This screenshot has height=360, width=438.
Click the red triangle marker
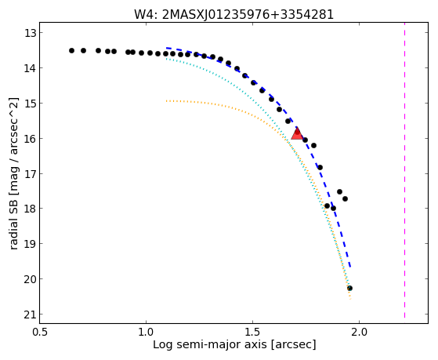(x=297, y=133)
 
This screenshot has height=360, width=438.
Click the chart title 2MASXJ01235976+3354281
(x=248, y=14)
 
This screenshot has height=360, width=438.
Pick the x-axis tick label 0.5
(x=40, y=333)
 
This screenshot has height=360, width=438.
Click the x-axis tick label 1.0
(x=147, y=333)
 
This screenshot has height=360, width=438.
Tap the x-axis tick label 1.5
(x=253, y=333)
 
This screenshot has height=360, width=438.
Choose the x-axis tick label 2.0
(x=359, y=333)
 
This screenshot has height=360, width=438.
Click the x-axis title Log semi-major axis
(x=210, y=344)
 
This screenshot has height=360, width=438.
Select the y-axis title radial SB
(x=13, y=222)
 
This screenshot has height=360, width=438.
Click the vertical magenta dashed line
(x=404, y=173)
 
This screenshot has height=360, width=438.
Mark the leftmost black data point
(x=72, y=51)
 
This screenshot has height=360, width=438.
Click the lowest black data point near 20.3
(x=349, y=288)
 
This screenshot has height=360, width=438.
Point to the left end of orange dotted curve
(x=166, y=100)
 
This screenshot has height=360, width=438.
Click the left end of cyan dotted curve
(x=166, y=59)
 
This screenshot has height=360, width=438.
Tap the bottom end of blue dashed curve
(x=350, y=267)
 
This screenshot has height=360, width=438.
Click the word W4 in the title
(x=144, y=14)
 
